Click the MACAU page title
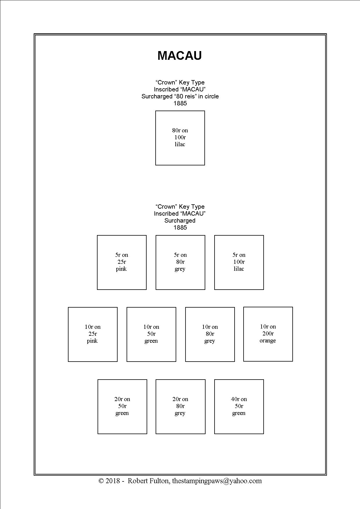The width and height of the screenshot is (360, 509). coord(180,55)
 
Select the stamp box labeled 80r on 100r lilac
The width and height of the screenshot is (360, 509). coord(180,138)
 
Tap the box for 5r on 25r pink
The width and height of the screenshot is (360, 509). coord(122,262)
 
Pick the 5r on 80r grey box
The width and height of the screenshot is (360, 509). coord(180,262)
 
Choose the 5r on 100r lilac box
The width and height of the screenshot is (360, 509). coord(239,262)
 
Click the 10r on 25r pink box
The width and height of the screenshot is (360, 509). coord(93,334)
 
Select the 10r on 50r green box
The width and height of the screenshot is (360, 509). coord(151,334)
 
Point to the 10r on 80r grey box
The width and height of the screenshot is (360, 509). coord(210,334)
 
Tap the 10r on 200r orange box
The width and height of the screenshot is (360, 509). coord(268,334)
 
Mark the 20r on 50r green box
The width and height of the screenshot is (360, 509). coord(122,407)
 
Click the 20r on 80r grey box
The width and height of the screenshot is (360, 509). coord(180,407)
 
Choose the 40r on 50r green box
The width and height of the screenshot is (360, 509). coord(239,407)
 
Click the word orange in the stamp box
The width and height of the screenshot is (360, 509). coord(268,341)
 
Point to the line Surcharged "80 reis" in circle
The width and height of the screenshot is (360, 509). coord(180,96)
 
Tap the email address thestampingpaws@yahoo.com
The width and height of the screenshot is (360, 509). coord(217,481)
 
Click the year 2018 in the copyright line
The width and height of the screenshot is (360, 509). coord(113,481)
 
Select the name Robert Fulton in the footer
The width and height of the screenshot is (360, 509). coord(148,481)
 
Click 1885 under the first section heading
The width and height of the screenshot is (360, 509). coord(180,103)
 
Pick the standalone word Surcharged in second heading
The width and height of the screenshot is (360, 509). coord(180,221)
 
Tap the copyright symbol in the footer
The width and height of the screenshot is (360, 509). coord(101,481)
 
